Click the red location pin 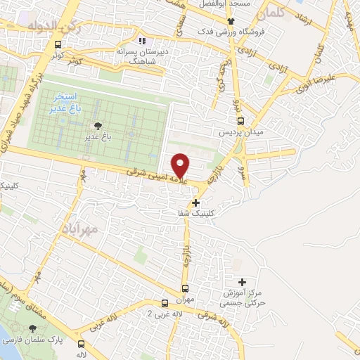click(181, 165)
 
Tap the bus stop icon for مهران click(186, 288)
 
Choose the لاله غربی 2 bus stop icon click(165, 304)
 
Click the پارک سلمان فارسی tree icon click(32, 328)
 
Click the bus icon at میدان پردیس click(240, 120)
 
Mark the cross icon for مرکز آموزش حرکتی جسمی click(243, 282)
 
